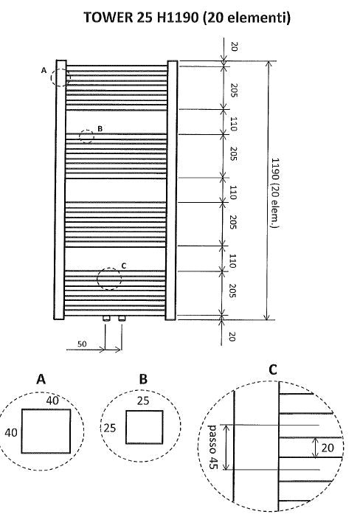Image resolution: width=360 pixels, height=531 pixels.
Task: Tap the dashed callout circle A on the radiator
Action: pyautogui.click(x=61, y=76)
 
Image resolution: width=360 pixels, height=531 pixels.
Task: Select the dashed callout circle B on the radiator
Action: pyautogui.click(x=86, y=136)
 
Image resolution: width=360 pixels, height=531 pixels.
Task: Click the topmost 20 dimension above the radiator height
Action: pyautogui.click(x=233, y=46)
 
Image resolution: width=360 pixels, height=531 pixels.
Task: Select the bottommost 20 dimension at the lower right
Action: pyautogui.click(x=233, y=336)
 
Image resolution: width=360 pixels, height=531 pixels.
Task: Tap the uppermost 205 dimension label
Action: pyautogui.click(x=233, y=91)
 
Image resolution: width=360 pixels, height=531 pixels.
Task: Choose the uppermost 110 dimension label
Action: pyautogui.click(x=233, y=123)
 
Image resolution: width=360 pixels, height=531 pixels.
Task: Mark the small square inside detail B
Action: pyautogui.click(x=145, y=428)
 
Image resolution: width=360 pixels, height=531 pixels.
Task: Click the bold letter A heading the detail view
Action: pyautogui.click(x=41, y=378)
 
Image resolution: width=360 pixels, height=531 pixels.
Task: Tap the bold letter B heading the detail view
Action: pyautogui.click(x=144, y=378)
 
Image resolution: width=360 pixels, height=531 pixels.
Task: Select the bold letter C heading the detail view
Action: pyautogui.click(x=273, y=369)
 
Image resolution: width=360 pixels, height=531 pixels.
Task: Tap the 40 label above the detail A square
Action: pyautogui.click(x=52, y=400)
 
